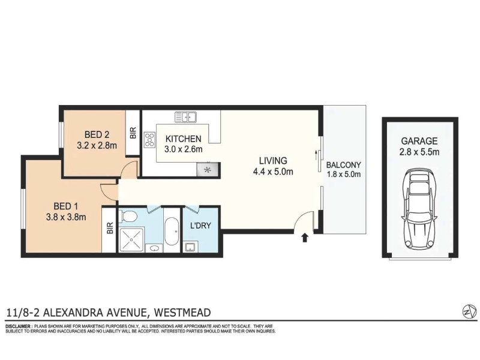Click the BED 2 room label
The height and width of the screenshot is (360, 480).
click(x=97, y=134)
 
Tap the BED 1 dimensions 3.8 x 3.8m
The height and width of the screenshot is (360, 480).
click(x=66, y=217)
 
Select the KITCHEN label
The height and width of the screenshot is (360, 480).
click(x=184, y=139)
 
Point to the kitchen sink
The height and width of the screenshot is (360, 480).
click(x=185, y=117)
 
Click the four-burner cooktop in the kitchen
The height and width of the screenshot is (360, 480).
click(x=149, y=139)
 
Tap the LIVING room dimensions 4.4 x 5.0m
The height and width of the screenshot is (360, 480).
click(x=273, y=172)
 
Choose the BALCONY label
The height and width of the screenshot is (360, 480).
click(x=343, y=165)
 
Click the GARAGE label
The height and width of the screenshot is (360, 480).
click(x=419, y=141)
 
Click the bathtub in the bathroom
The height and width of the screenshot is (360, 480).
click(x=172, y=232)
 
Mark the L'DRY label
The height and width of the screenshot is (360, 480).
click(x=200, y=226)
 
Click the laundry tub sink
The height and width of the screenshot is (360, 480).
click(x=191, y=247)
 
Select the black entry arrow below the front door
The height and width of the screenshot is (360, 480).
click(x=305, y=238)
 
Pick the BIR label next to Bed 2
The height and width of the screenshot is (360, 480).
click(x=133, y=133)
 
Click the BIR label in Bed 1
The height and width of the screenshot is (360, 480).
click(x=110, y=228)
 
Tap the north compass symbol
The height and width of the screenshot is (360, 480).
click(x=469, y=312)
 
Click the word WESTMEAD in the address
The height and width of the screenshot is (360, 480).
click(x=182, y=313)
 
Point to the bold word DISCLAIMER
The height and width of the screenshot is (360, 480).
click(x=18, y=326)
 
